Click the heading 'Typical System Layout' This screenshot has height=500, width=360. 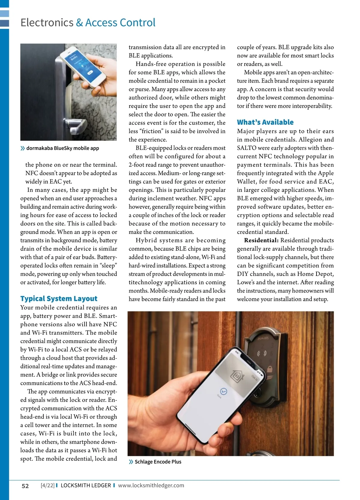click(59, 298)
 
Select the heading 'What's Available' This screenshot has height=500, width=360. click(265, 122)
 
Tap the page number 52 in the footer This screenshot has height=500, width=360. click(25, 486)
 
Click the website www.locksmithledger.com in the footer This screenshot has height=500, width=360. click(151, 485)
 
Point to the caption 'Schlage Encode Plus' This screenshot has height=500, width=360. click(158, 462)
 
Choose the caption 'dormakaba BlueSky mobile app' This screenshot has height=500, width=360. click(62, 148)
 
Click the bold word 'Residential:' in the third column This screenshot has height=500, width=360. click(261, 240)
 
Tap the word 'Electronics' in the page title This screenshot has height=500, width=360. click(47, 23)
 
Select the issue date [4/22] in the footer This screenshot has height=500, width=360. click(47, 485)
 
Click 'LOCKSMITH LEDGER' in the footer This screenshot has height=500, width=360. click(86, 485)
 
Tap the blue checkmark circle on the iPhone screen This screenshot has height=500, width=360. click(223, 391)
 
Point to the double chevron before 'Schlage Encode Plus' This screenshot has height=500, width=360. click(131, 462)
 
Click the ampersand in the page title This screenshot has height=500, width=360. click(79, 23)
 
